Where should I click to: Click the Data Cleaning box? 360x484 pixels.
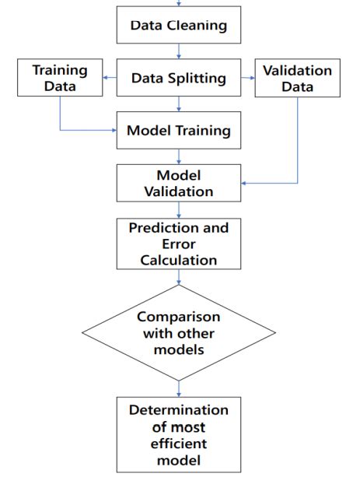point(179,26)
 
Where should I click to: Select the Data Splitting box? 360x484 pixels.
point(179,78)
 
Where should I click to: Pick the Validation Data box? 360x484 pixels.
point(297,78)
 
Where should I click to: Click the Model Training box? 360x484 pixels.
point(179,130)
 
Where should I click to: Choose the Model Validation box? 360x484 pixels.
point(179,184)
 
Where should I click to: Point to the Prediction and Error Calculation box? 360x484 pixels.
point(179,243)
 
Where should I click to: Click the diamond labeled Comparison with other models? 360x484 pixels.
point(179,333)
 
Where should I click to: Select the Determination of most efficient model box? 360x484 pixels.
point(179,434)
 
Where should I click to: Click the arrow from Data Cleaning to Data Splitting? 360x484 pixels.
point(179,51)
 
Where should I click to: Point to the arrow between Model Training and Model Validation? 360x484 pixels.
point(179,156)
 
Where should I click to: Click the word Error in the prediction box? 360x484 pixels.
point(179,243)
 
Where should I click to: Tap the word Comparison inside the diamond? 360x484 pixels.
point(179,317)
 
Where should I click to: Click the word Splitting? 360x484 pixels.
point(199,78)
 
